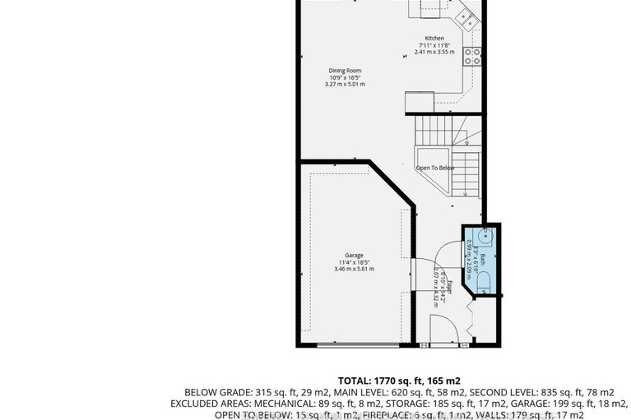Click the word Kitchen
click(x=434, y=39)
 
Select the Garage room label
click(x=354, y=256)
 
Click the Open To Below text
click(x=434, y=168)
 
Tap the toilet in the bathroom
click(x=485, y=284)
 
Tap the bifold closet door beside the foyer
click(x=471, y=316)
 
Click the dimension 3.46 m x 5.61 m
click(x=354, y=269)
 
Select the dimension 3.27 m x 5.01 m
click(x=345, y=84)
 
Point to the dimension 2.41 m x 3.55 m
click(x=434, y=53)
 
